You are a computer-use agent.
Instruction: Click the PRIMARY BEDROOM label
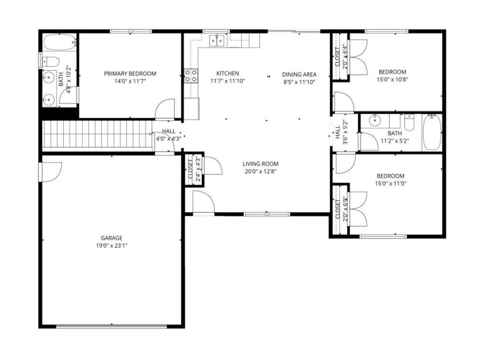click(x=130, y=74)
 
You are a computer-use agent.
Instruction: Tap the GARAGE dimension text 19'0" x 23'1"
click(x=111, y=245)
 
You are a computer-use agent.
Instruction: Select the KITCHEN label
click(x=227, y=74)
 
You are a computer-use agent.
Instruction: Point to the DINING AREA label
click(x=299, y=74)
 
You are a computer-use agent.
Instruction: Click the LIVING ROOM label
click(x=260, y=164)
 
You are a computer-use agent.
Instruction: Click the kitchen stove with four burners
click(x=190, y=75)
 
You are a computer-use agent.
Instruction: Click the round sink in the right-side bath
click(x=375, y=120)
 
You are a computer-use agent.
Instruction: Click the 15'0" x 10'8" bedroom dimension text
click(x=392, y=80)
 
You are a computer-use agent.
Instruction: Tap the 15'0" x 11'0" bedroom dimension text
click(x=390, y=184)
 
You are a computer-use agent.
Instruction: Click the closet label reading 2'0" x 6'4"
click(x=345, y=56)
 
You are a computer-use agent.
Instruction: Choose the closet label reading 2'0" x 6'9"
click(x=345, y=209)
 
